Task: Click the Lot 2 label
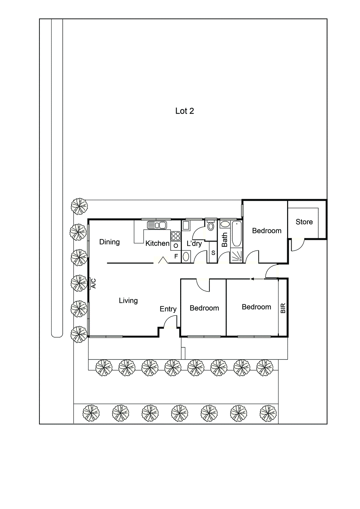[184, 111]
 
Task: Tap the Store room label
[304, 222]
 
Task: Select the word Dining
[109, 242]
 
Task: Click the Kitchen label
[157, 243]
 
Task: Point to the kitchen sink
[157, 225]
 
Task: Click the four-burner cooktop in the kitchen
[176, 236]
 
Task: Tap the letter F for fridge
[176, 256]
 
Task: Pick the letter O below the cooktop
[176, 246]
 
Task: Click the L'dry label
[194, 244]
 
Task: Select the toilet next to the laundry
[210, 226]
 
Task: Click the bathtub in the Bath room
[236, 234]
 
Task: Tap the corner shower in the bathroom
[236, 256]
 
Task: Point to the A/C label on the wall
[94, 283]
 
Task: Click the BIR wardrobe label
[283, 308]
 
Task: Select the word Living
[128, 301]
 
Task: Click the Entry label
[168, 309]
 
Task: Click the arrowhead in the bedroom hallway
[252, 279]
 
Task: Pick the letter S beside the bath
[213, 253]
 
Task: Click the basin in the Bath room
[225, 224]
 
